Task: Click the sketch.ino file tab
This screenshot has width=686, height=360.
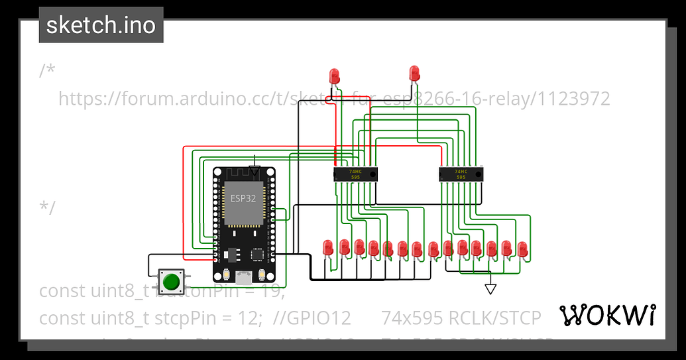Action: pyautogui.click(x=101, y=25)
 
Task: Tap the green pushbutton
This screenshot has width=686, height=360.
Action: pyautogui.click(x=171, y=282)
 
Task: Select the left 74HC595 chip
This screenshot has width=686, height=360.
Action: pyautogui.click(x=355, y=174)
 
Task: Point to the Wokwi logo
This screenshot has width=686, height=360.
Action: pyautogui.click(x=608, y=316)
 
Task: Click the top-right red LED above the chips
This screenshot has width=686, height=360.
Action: pyautogui.click(x=415, y=72)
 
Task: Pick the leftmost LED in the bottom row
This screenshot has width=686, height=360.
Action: pyautogui.click(x=327, y=247)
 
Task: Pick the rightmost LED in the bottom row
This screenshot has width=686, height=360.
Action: pyautogui.click(x=522, y=249)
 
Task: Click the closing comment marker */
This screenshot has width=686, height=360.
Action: pyautogui.click(x=47, y=206)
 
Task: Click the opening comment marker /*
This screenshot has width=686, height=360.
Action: pyautogui.click(x=47, y=70)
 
